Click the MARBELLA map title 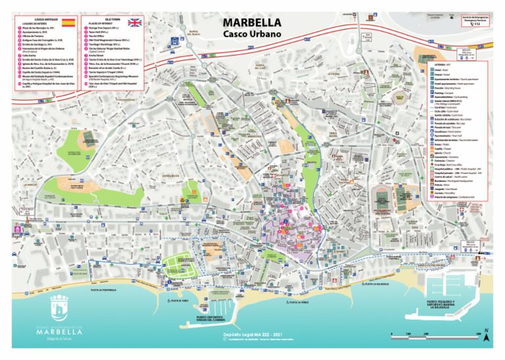coord(252,22)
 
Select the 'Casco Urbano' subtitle coord(252,34)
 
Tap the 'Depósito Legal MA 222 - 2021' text coord(252,335)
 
